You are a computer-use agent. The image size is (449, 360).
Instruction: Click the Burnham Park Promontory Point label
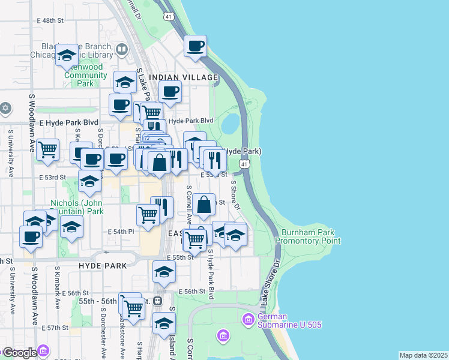[x=308, y=236]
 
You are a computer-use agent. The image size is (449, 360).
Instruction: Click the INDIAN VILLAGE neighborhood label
[x=183, y=78]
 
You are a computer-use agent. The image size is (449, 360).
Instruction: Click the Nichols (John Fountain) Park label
[x=77, y=207]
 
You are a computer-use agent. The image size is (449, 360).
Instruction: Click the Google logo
[x=19, y=353]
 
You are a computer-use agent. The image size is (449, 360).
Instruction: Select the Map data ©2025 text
[x=423, y=355]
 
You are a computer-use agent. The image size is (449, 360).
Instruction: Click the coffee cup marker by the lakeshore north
[x=195, y=46]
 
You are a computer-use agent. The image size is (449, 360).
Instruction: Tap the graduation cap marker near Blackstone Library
[x=67, y=55]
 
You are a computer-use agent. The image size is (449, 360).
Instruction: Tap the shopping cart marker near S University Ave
[x=47, y=149]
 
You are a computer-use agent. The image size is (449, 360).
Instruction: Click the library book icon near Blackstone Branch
[x=122, y=49]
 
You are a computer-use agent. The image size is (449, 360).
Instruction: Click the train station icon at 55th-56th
[x=158, y=301]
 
